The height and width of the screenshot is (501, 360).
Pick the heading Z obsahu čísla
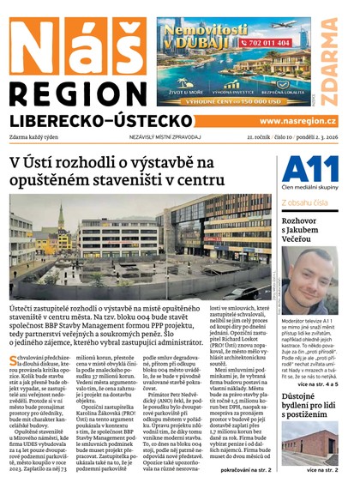tap(304, 202)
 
